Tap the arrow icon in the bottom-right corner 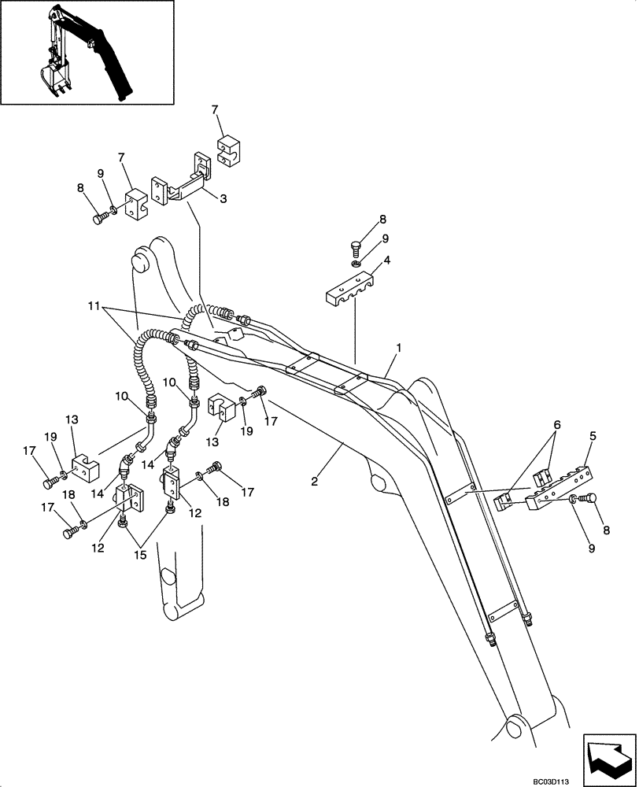click(609, 755)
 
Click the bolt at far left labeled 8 click(99, 220)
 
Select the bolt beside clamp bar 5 click(589, 499)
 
